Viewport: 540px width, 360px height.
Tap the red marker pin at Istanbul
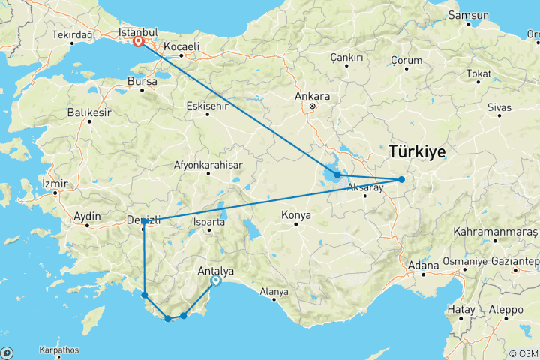[x=139, y=43]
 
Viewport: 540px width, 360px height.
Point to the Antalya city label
[x=214, y=271]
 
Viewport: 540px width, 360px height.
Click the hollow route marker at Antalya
[x=216, y=281]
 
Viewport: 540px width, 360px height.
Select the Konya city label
[x=295, y=216]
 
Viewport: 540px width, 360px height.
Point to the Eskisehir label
[x=206, y=106]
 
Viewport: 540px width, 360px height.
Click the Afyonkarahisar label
[x=208, y=164]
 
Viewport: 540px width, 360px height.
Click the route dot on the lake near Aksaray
[x=338, y=175]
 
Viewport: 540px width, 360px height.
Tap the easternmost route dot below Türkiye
[x=401, y=179]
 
